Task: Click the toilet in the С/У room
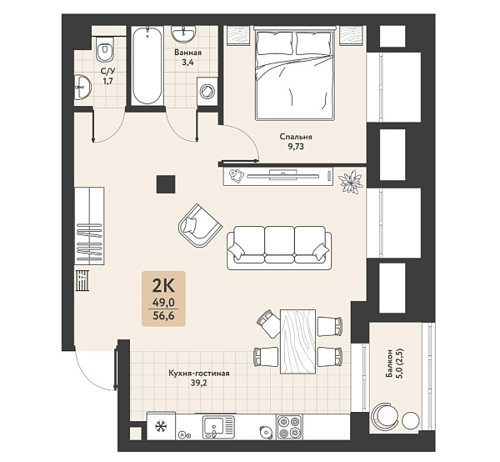click(105, 48)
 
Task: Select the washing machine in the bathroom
click(207, 91)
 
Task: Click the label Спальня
click(296, 137)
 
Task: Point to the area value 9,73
click(296, 147)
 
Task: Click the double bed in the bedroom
click(295, 73)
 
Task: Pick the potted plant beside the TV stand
click(351, 182)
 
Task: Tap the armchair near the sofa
click(200, 226)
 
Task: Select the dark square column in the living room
click(166, 184)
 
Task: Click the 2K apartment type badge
click(163, 299)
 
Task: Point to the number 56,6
click(163, 316)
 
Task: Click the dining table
click(298, 341)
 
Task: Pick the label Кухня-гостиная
click(199, 374)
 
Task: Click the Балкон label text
click(389, 364)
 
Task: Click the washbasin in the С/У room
click(82, 87)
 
